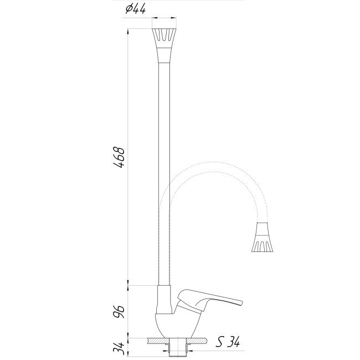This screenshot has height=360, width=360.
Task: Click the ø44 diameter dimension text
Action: point(135,9)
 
